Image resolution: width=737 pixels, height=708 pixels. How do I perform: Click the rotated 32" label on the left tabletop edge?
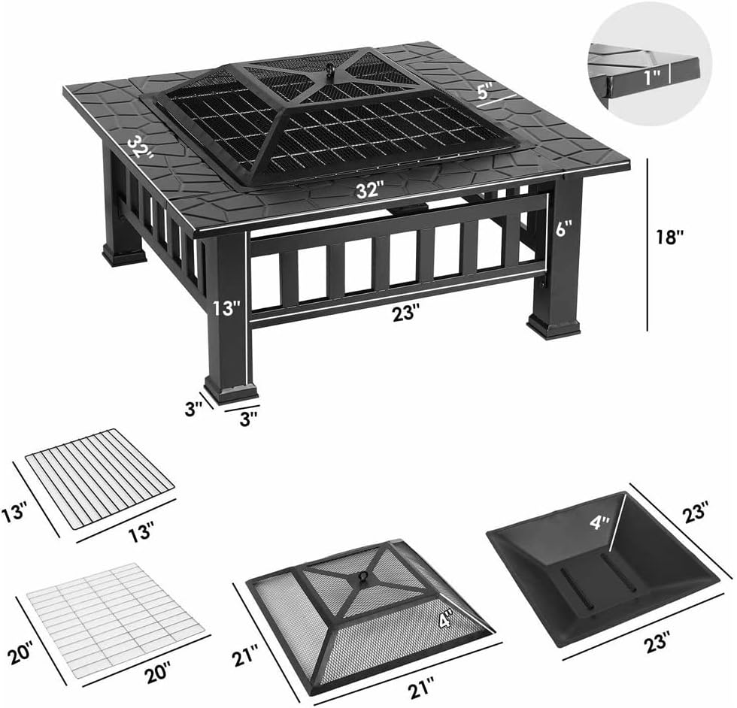pos(141,147)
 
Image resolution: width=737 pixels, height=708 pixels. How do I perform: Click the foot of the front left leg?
pos(230,392)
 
